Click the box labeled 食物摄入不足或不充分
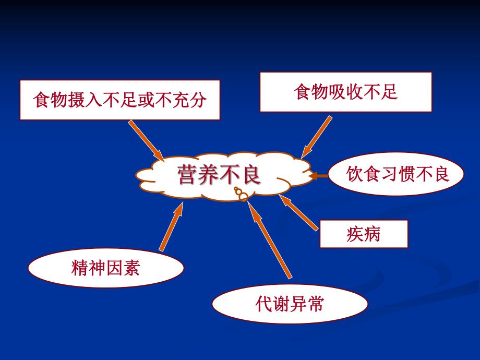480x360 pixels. (x=119, y=100)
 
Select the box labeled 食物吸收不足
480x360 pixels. (x=345, y=92)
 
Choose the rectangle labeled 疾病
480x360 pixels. (x=363, y=234)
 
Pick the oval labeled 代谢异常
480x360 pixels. (x=290, y=304)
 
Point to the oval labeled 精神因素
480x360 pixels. (x=105, y=269)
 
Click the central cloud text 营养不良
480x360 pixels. (x=219, y=175)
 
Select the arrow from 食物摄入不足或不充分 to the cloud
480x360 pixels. (x=146, y=140)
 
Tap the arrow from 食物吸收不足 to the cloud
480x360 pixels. (x=317, y=137)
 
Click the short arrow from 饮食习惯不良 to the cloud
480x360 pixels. (x=319, y=176)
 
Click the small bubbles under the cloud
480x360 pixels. (x=241, y=195)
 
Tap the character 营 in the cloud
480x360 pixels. (x=187, y=175)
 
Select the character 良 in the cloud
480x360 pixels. (x=249, y=175)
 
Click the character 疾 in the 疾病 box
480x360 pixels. (x=354, y=234)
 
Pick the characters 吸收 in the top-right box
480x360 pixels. (x=345, y=92)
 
